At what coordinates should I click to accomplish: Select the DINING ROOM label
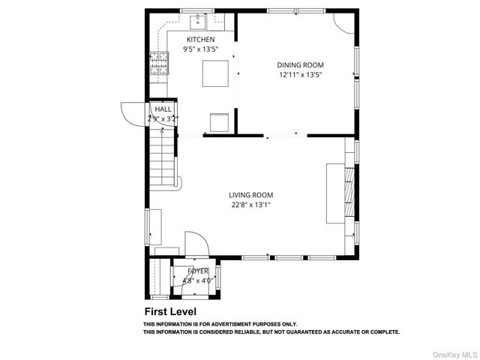pos(300,65)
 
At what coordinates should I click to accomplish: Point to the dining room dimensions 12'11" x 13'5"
pos(300,75)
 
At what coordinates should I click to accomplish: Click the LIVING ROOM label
pos(250,195)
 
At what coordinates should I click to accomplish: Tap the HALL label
pos(163,109)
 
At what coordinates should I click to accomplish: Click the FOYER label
pos(198,271)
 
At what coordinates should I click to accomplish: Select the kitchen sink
pos(199,19)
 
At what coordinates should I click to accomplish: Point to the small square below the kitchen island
pos(219,122)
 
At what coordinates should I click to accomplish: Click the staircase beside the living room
pos(163,157)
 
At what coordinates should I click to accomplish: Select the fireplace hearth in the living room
pos(334,193)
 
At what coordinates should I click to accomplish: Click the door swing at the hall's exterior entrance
pos(133,113)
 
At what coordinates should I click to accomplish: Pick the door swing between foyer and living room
pos(195,244)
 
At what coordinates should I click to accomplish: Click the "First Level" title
pos(171,310)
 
